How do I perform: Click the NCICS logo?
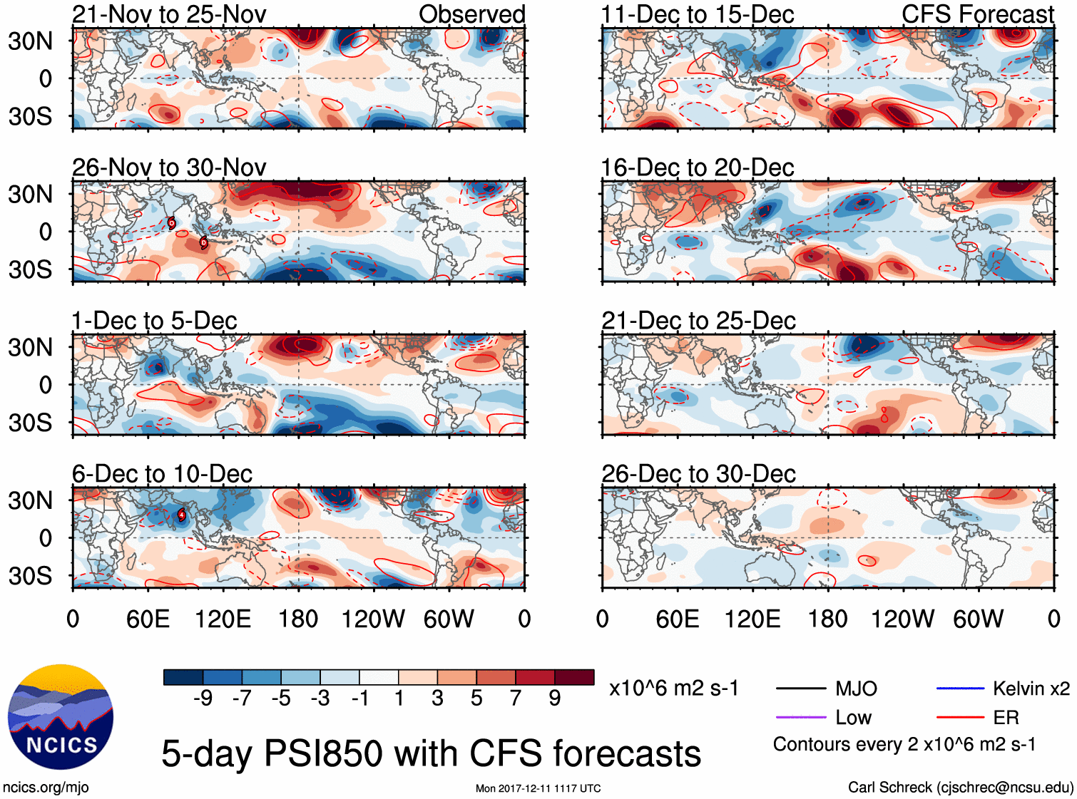coord(61,717)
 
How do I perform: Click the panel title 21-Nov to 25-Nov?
coord(169,14)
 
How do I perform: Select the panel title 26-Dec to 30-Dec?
coord(698,474)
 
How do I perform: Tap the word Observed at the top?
coord(471,14)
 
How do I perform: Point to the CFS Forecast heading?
coord(977,14)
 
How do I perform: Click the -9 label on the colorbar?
coord(203,699)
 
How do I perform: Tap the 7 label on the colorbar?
coord(516,699)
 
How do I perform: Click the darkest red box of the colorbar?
coord(574,677)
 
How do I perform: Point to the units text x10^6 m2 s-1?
coord(673,689)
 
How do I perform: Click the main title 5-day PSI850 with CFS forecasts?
coord(431,753)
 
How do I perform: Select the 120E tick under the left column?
coord(223,619)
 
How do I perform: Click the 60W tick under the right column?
coord(978,619)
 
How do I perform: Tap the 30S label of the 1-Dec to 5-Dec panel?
coord(30,423)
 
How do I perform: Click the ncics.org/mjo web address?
coord(46,788)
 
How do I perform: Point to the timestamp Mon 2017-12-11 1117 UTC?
coord(538,788)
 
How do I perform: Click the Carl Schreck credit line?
coord(960,788)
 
